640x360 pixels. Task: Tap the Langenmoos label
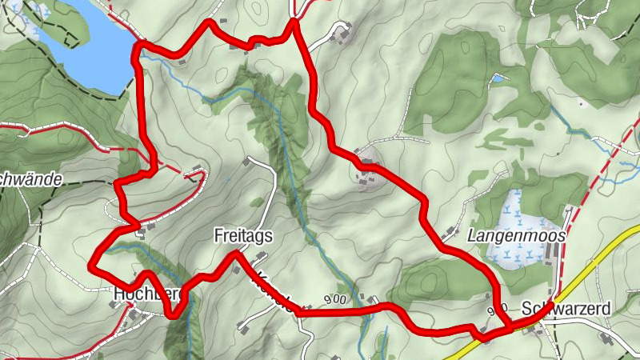[517, 236]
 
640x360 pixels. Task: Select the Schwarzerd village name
[566, 309]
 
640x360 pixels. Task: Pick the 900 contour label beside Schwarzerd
[497, 309]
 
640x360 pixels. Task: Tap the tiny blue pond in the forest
[499, 78]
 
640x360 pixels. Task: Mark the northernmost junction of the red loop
[294, 22]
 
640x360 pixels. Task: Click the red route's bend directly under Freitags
[236, 254]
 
